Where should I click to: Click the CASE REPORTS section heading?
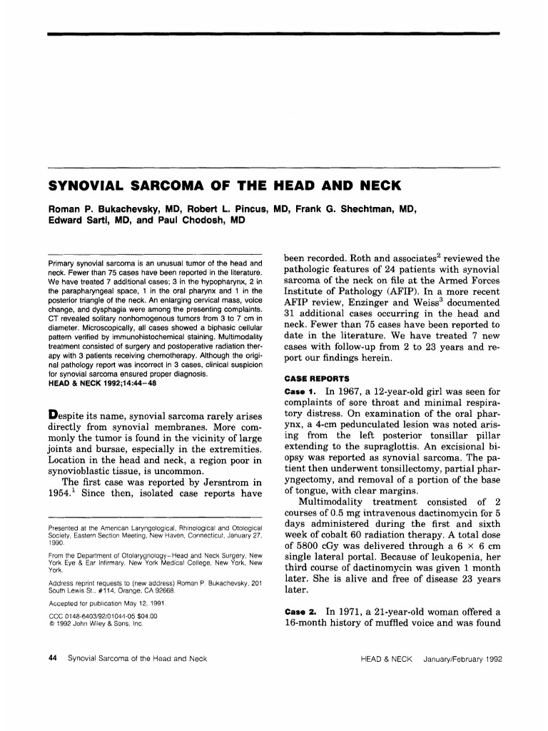coord(315,378)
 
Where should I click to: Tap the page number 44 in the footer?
coord(51,658)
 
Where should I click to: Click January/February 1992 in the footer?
coord(462,658)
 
